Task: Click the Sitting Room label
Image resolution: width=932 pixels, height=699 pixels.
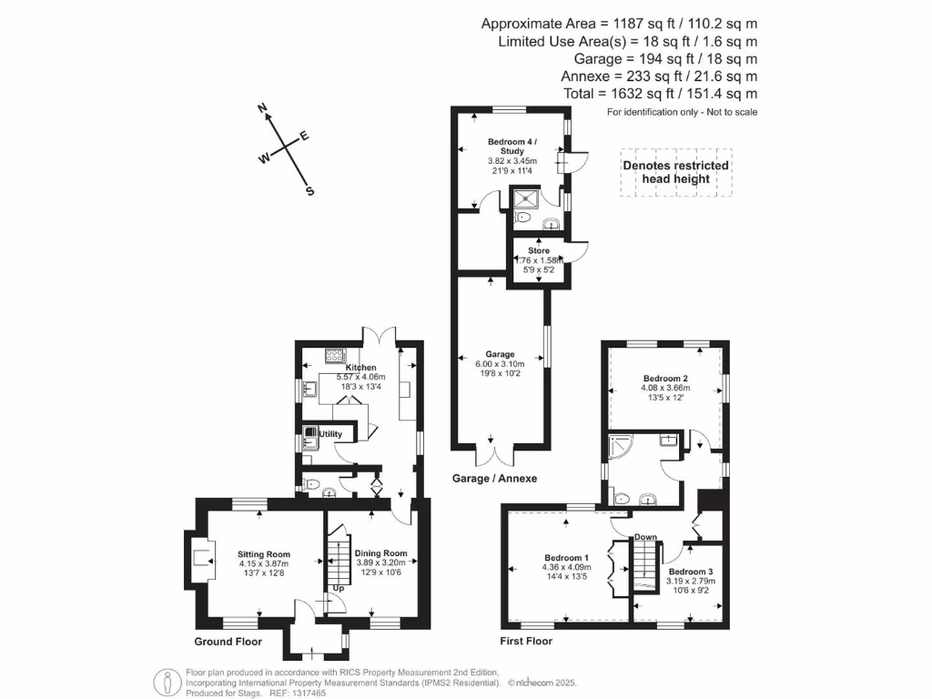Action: tap(264, 553)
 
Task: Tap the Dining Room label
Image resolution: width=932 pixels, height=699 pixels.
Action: tap(380, 552)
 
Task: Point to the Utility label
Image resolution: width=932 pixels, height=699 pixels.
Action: tap(330, 434)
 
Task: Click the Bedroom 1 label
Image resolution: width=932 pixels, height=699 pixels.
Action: tap(566, 558)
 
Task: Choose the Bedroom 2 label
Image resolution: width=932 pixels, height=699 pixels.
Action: tap(664, 378)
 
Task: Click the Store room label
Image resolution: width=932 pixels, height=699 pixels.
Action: tap(539, 250)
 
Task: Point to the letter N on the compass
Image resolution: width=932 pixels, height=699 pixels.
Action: tap(262, 108)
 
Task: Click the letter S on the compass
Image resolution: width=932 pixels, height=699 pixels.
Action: tap(309, 191)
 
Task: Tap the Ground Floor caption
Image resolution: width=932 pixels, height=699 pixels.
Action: tap(228, 642)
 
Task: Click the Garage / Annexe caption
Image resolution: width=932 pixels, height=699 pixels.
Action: tap(494, 478)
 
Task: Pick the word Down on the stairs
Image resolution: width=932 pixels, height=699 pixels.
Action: tap(645, 537)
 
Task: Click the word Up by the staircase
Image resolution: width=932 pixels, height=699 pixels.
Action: tap(338, 589)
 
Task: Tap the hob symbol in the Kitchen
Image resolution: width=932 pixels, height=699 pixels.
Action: tap(334, 356)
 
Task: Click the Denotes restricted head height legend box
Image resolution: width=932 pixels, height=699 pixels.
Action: tap(675, 172)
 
